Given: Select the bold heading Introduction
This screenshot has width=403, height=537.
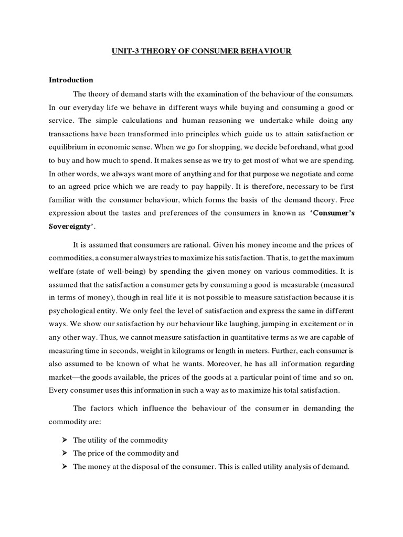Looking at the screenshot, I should point(71,80).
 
